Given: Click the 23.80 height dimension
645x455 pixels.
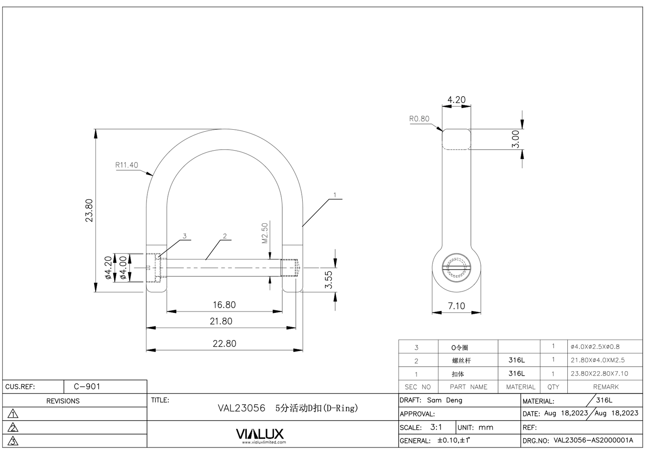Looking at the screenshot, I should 89,210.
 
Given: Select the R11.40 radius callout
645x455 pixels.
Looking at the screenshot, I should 127,165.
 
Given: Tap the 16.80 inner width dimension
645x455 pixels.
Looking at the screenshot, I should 224,305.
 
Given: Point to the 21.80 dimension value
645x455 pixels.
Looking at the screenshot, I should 221,321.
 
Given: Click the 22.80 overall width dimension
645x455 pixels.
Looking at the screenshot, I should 224,344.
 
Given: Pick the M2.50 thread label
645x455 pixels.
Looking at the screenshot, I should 265,233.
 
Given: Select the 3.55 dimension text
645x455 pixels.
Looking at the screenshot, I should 329,279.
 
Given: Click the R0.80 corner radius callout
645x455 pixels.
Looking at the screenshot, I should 419,119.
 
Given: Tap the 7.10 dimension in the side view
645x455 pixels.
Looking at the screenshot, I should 456,306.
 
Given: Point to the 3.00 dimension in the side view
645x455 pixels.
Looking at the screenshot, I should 516,139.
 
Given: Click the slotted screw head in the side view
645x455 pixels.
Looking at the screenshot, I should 456,268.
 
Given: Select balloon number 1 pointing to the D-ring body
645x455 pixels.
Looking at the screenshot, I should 335,195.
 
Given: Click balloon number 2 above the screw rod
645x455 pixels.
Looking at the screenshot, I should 225,236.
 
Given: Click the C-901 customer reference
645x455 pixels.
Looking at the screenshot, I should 87,386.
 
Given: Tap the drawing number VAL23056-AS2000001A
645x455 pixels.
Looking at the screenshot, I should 593,440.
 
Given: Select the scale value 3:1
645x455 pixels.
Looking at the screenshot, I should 436,427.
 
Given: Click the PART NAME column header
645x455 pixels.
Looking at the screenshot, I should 468,387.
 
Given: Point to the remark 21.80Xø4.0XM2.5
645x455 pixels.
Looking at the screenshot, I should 598,360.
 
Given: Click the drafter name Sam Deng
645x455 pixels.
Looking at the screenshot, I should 445,400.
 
